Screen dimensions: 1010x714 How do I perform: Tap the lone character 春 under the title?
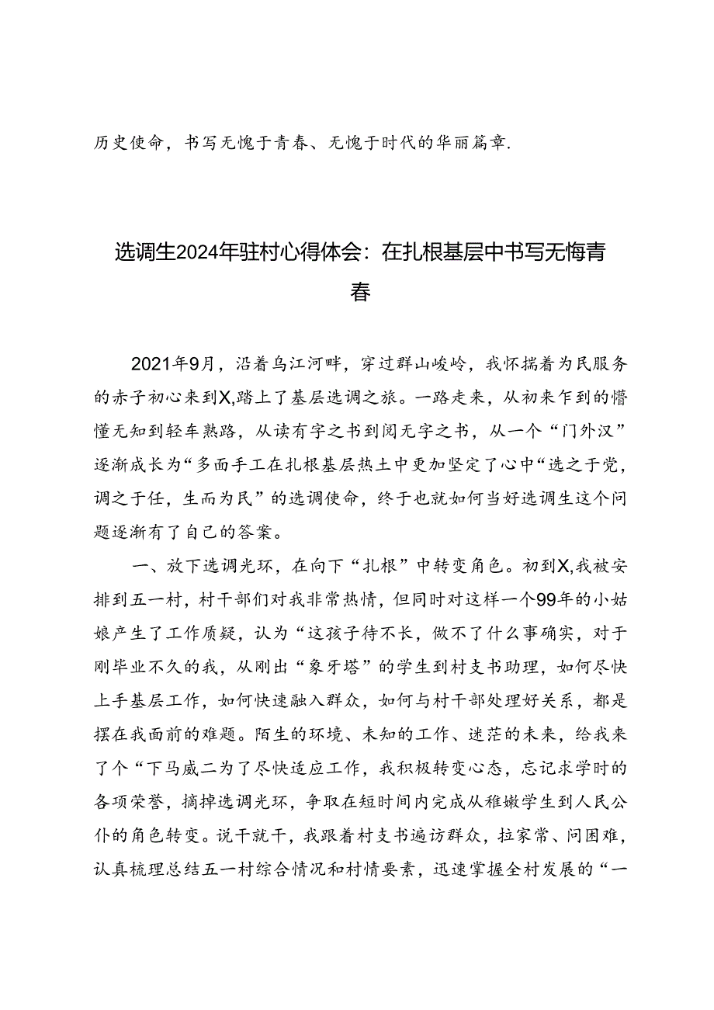click(359, 293)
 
